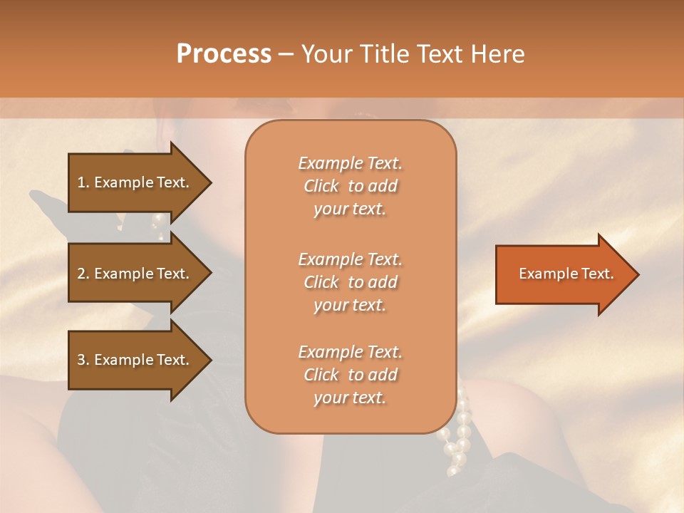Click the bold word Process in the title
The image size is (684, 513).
click(x=224, y=54)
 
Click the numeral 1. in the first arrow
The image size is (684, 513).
click(x=83, y=182)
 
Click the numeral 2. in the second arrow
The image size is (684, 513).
click(x=83, y=274)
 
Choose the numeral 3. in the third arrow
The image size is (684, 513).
click(x=83, y=360)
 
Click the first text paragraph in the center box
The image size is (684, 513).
click(x=350, y=186)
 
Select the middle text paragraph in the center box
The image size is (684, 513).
click(x=350, y=282)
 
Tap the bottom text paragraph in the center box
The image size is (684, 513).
click(x=350, y=375)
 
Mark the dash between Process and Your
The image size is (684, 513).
click(x=286, y=55)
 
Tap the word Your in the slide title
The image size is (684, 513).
click(x=326, y=54)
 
